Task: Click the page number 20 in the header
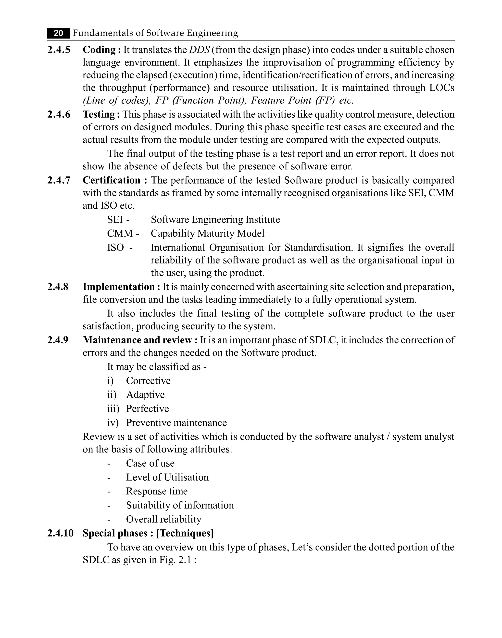59,33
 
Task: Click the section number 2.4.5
59,50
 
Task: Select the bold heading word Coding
99,50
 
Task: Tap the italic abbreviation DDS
199,50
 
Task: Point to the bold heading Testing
99,114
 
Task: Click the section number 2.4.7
59,180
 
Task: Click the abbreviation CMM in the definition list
120,233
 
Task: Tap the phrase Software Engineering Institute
215,220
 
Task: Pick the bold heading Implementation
119,287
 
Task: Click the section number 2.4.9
58,340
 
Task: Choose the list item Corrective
148,381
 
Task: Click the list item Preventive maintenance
176,423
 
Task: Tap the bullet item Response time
157,491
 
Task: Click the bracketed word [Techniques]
185,533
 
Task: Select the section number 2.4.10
60,533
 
